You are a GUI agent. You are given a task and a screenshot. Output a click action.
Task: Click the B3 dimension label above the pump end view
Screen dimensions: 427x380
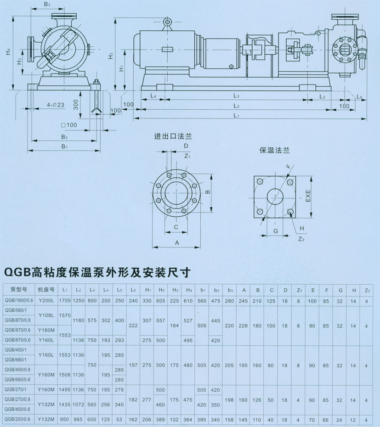[47, 5]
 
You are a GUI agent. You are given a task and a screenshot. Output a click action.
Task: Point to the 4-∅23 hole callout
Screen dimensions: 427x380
[55, 105]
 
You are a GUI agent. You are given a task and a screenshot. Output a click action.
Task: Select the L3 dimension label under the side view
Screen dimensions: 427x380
[236, 96]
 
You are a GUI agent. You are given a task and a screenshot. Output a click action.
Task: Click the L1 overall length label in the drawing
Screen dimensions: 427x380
[236, 116]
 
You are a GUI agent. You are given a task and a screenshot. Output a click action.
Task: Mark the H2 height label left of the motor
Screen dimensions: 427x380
[110, 56]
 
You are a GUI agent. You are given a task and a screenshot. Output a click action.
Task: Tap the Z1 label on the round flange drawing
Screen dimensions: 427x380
[187, 156]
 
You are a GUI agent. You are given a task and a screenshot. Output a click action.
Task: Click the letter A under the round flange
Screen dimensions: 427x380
[177, 242]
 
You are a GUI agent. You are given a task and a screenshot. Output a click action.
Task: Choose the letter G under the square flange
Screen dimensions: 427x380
[276, 230]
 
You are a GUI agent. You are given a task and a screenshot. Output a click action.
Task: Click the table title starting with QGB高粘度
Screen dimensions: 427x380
[96, 272]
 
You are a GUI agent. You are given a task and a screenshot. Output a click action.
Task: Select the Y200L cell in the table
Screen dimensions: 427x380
[46, 300]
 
